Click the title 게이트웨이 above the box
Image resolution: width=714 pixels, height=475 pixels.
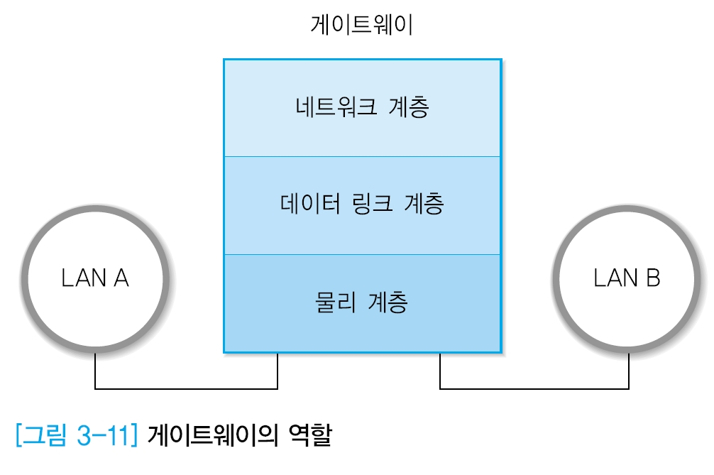(362, 26)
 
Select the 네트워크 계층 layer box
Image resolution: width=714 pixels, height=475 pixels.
(362, 107)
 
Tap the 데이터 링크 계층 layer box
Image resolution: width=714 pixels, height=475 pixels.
(362, 205)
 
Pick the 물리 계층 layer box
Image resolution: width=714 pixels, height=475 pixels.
(362, 303)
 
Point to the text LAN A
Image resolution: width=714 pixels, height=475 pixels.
(95, 278)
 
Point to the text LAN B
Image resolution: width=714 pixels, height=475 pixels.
(627, 278)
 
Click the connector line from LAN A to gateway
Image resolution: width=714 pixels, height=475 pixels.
(186, 388)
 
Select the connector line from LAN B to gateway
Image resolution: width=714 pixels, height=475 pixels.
(534, 388)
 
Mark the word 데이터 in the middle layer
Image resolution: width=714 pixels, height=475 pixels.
(307, 205)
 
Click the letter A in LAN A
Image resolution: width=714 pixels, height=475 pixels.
(119, 278)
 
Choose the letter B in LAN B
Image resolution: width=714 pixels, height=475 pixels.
(652, 278)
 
